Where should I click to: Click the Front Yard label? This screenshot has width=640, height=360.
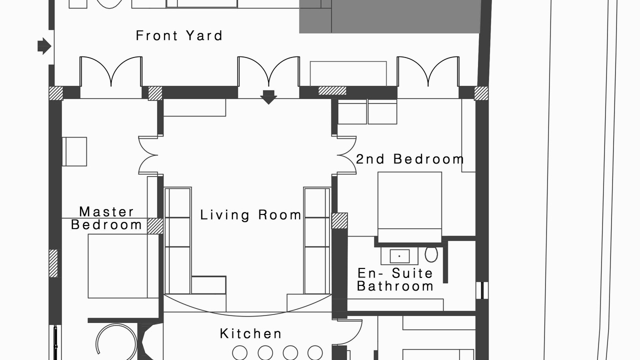pyautogui.click(x=179, y=35)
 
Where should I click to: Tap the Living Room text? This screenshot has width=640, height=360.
pyautogui.click(x=250, y=215)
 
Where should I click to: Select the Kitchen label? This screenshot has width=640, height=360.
pyautogui.click(x=250, y=333)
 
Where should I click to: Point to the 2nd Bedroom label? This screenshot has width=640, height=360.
pyautogui.click(x=409, y=159)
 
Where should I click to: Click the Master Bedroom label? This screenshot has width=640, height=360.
pyautogui.click(x=106, y=218)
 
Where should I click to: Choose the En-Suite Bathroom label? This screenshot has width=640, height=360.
pyautogui.click(x=395, y=279)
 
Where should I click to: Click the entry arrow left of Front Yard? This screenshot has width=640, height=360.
pyautogui.click(x=44, y=46)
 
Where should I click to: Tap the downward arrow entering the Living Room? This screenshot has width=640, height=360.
pyautogui.click(x=268, y=97)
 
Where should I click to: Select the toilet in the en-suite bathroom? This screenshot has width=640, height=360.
pyautogui.click(x=431, y=254)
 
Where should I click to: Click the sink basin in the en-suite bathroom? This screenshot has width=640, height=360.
pyautogui.click(x=399, y=256)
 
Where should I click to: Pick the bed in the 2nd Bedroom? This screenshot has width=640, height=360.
pyautogui.click(x=409, y=207)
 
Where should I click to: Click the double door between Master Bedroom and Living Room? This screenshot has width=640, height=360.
pyautogui.click(x=148, y=155)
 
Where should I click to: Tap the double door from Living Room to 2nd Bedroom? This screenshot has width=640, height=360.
pyautogui.click(x=346, y=155)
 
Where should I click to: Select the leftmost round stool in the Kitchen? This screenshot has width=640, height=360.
pyautogui.click(x=239, y=353)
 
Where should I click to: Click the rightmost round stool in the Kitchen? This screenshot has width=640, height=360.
pyautogui.click(x=315, y=353)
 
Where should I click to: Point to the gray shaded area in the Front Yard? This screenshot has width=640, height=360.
pyautogui.click(x=389, y=16)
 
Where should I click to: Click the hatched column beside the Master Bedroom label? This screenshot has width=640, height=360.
pyautogui.click(x=155, y=226)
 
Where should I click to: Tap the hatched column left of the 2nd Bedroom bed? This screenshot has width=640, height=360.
pyautogui.click(x=339, y=221)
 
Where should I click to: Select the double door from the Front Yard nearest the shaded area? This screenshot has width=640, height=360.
pyautogui.click(x=428, y=71)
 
